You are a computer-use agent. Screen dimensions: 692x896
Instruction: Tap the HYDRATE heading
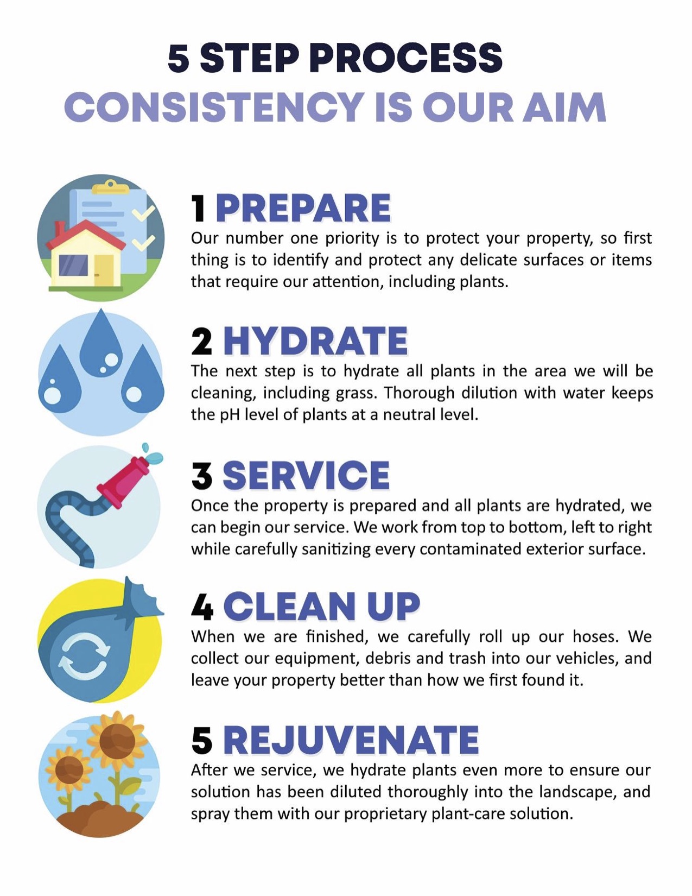316,341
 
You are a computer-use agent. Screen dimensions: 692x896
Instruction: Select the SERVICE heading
306,475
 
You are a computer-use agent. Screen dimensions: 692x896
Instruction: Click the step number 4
202,607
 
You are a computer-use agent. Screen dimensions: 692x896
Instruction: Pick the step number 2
202,342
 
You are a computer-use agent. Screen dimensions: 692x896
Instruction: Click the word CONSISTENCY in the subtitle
214,107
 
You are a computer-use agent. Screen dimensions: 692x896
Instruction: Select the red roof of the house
85,235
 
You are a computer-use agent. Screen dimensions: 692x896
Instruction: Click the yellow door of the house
104,270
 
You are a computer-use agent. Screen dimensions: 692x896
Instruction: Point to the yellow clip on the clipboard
110,187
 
